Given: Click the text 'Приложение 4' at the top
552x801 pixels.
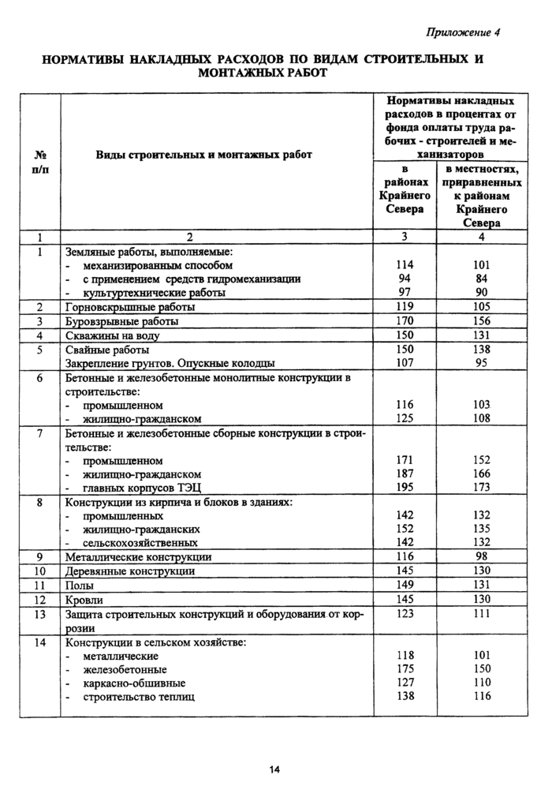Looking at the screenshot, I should tap(463, 32).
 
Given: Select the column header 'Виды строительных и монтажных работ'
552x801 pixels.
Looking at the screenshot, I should tap(203, 155).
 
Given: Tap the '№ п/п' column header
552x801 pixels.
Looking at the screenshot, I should tap(39, 162).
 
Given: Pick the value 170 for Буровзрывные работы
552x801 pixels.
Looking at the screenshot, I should tap(405, 321).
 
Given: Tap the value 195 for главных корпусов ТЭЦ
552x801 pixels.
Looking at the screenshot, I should tap(405, 488).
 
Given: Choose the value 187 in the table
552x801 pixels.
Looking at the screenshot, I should tap(405, 473).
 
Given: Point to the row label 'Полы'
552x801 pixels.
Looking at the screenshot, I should tap(79, 586).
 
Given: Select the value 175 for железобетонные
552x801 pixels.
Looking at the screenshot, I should tap(405, 669).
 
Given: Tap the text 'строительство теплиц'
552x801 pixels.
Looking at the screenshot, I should tap(138, 697).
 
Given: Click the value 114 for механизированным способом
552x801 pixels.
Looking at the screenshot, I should tap(405, 265).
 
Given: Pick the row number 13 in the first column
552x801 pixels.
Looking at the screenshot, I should tap(39, 614).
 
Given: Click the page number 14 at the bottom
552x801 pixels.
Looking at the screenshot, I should tap(274, 770).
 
